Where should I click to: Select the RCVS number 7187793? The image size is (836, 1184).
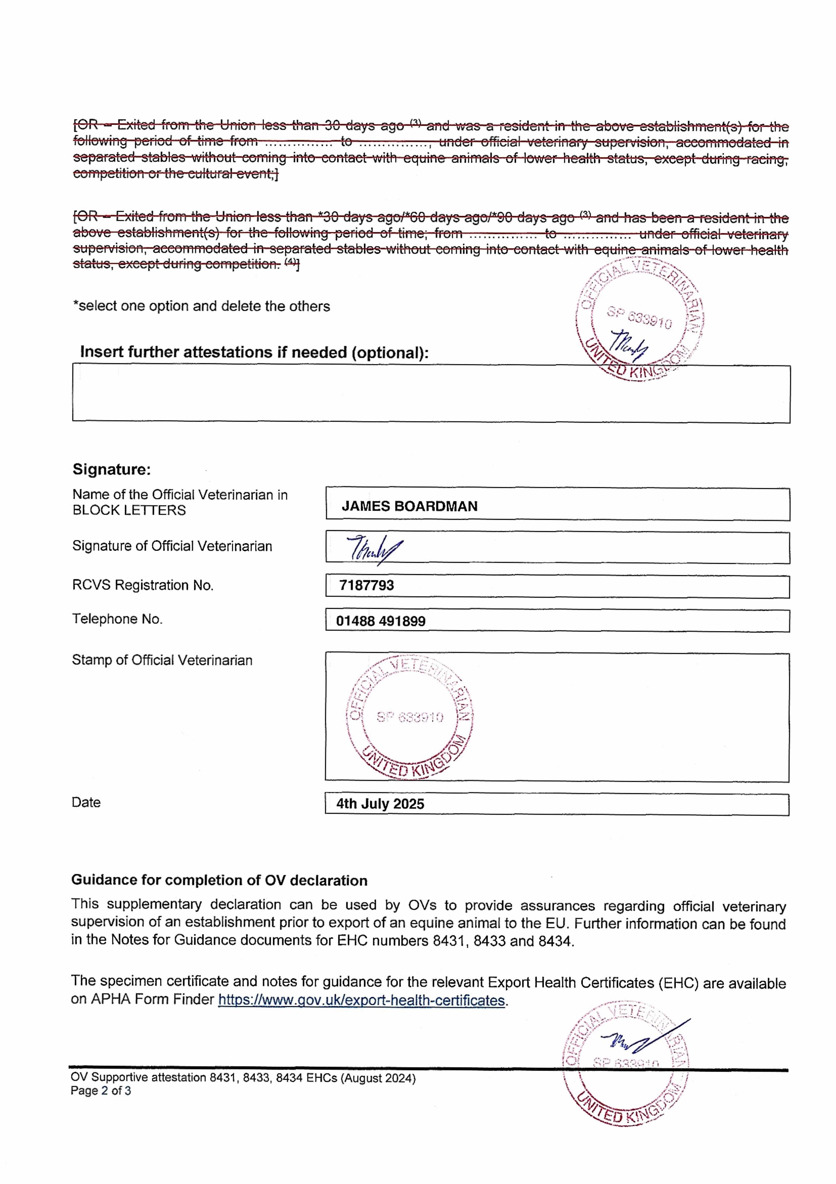pos(367,585)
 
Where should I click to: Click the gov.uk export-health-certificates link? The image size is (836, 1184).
pos(361,1000)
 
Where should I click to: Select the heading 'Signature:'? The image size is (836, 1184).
pos(111,469)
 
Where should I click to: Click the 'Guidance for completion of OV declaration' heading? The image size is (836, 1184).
pos(219,880)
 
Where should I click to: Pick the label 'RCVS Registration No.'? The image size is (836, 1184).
pos(143,585)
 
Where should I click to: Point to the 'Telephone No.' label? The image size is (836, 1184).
pos(117,619)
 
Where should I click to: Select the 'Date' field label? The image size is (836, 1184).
pos(86,803)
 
